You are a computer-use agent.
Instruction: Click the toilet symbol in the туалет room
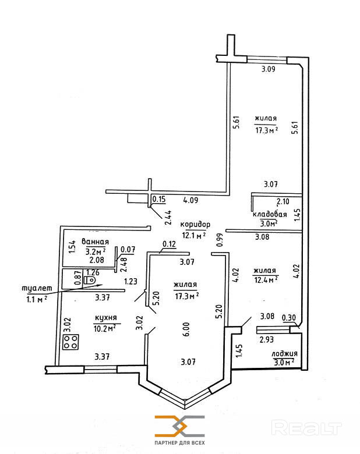[90, 281]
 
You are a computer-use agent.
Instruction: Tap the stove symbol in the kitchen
[70, 342]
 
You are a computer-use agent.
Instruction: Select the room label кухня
[106, 318]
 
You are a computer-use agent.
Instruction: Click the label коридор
[195, 225]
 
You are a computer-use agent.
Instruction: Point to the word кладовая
[270, 214]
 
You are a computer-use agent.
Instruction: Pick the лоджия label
[284, 354]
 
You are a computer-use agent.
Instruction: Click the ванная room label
[96, 242]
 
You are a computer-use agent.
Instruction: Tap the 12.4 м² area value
[266, 280]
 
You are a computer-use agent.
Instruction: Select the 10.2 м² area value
[105, 328]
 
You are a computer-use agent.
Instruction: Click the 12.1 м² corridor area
[194, 235]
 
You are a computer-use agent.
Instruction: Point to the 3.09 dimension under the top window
[269, 69]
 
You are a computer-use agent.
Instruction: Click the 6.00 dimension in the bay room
[186, 329]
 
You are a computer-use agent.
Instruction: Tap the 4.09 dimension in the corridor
[190, 200]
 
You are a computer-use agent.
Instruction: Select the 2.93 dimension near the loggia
[267, 339]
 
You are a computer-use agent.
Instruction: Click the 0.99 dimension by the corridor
[220, 240]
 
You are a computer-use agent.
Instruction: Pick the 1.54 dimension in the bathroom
[72, 247]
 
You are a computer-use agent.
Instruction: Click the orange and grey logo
[180, 426]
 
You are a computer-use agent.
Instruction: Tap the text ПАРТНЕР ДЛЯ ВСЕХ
[180, 443]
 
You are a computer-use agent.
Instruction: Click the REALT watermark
[306, 428]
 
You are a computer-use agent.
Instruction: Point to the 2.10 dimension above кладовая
[283, 201]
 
